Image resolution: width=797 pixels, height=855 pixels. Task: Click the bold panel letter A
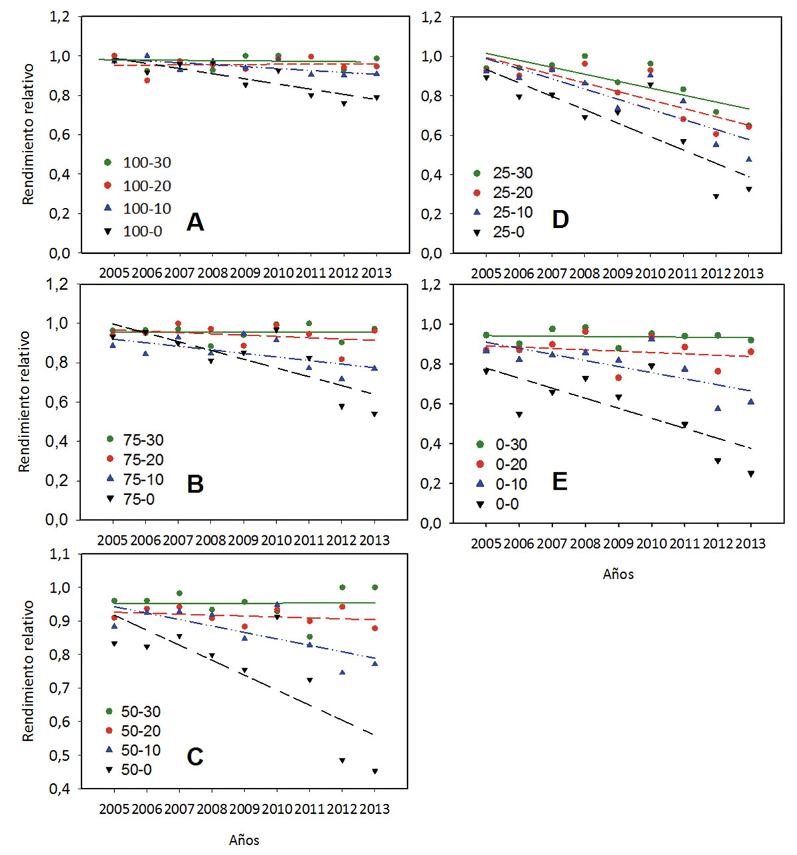tap(195, 222)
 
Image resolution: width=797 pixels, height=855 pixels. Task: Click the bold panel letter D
tap(561, 219)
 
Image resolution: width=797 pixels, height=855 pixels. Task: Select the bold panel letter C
tap(195, 757)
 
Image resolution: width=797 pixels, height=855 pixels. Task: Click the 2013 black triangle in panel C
tap(375, 771)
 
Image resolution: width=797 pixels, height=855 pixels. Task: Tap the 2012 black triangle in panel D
tap(716, 197)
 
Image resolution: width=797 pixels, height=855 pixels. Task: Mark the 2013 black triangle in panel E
tap(751, 474)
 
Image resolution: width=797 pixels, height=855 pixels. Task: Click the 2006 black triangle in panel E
tap(519, 415)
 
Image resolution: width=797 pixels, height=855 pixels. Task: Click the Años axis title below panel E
tap(618, 575)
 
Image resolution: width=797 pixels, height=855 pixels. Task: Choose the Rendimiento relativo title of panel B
tap(25, 401)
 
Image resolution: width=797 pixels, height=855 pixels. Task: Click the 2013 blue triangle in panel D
tap(749, 159)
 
